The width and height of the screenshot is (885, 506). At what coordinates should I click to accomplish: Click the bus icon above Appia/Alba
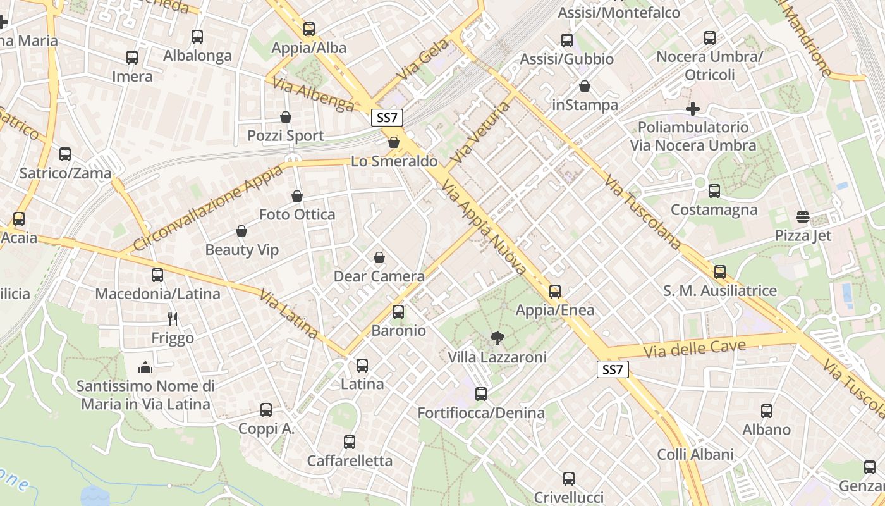308,29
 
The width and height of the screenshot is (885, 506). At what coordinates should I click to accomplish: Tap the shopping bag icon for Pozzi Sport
286,117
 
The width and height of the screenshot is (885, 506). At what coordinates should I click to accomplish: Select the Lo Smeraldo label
394,161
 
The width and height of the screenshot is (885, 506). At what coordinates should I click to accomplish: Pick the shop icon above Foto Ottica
297,197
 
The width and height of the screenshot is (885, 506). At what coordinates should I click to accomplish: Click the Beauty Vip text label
241,250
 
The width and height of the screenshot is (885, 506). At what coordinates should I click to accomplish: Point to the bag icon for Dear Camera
379,257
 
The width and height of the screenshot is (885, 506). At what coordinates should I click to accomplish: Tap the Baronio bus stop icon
398,312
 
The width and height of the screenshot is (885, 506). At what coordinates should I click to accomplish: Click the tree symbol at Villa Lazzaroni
497,339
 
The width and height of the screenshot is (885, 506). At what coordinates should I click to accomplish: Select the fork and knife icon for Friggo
173,319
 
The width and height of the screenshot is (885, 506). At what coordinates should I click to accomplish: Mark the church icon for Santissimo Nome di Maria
145,367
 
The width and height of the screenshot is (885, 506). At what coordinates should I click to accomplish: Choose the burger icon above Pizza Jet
803,218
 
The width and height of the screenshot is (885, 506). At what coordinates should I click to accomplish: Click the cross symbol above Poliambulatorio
693,109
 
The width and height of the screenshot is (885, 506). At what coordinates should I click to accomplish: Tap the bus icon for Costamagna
714,191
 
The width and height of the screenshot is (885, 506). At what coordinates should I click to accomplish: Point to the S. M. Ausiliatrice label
719,291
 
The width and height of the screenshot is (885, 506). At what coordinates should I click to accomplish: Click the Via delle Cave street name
695,349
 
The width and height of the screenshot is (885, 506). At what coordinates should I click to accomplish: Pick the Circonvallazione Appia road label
209,209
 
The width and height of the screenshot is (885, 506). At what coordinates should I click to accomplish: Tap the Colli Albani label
695,454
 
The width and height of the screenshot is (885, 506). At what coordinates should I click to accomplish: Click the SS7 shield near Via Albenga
386,117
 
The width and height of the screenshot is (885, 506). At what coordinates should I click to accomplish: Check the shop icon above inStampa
585,86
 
